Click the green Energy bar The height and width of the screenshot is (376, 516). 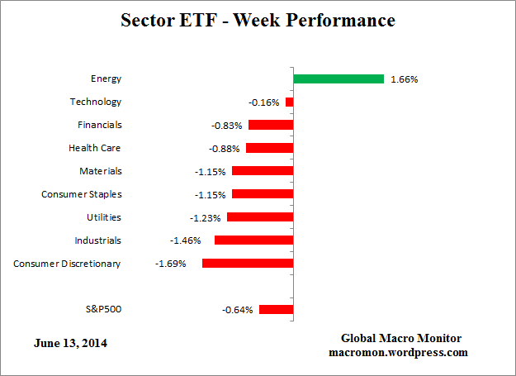pos(338,79)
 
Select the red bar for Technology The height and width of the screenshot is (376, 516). pos(289,102)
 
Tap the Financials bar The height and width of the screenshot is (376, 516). pos(271,126)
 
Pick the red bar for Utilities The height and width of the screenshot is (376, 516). pos(260,217)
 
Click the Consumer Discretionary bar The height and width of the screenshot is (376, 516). pos(248,264)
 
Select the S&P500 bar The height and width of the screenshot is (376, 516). pos(276,310)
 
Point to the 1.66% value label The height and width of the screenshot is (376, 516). pos(405,79)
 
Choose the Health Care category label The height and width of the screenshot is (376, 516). pos(95,148)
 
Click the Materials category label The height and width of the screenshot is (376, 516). pos(101,171)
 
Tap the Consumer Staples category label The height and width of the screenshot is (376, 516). pos(82,194)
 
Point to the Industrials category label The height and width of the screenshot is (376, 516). pos(98,240)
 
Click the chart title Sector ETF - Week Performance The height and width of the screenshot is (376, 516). pos(258,20)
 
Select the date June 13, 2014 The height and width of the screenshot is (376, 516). pos(70,341)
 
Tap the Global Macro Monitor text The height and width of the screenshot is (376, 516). pos(402,339)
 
